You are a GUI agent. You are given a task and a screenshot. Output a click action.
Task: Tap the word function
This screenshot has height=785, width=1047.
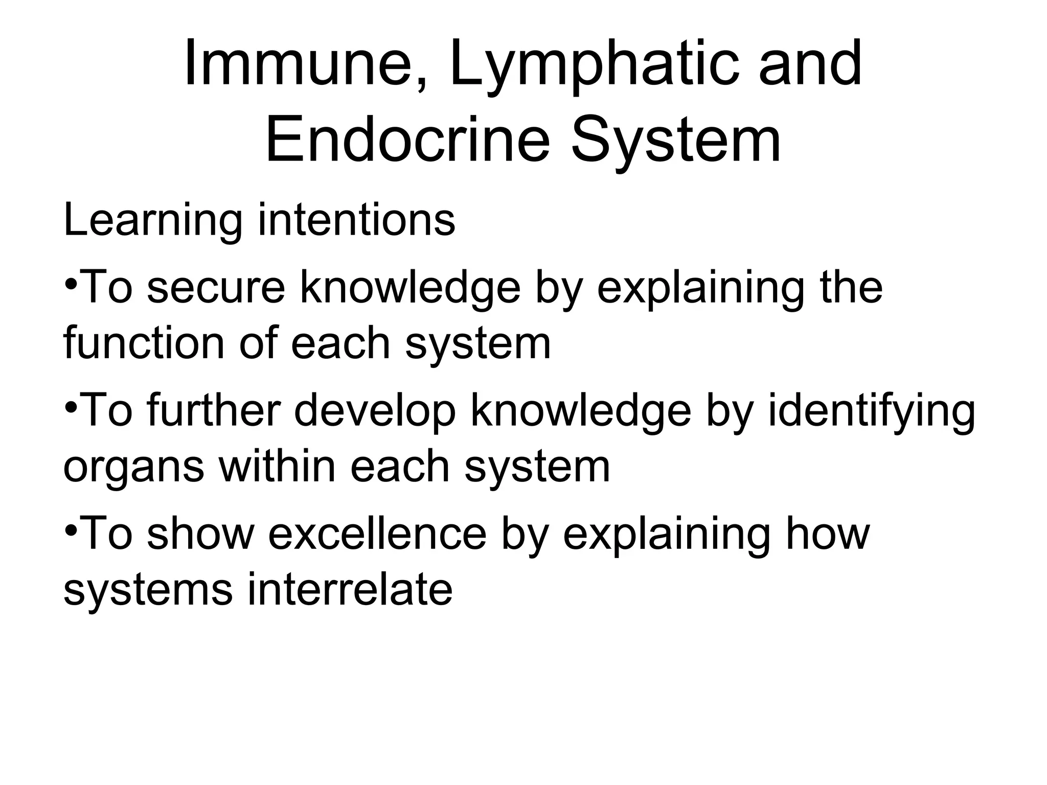click(x=144, y=343)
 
